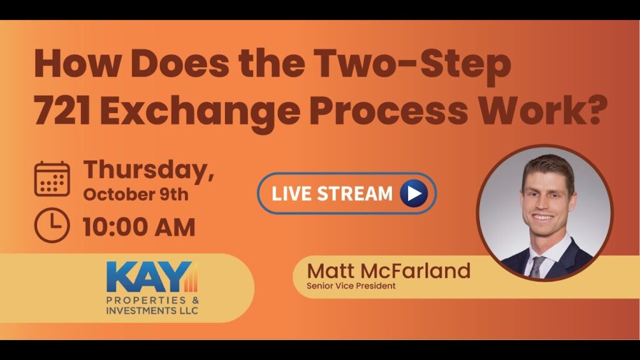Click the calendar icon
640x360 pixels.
coord(52,179)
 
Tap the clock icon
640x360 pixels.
coord(52,225)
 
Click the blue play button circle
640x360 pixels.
coord(414,194)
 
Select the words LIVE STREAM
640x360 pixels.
coord(332,194)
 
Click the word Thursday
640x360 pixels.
coord(149,170)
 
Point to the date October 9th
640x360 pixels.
coord(136,195)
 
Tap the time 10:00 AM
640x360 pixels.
coord(139,227)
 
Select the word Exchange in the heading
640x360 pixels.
coord(201,112)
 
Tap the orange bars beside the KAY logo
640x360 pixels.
coord(193,277)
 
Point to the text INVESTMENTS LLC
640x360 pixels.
coord(152,311)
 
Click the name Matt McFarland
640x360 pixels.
coord(389,271)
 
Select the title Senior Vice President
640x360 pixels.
coord(351,286)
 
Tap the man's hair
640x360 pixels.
coord(548,167)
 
